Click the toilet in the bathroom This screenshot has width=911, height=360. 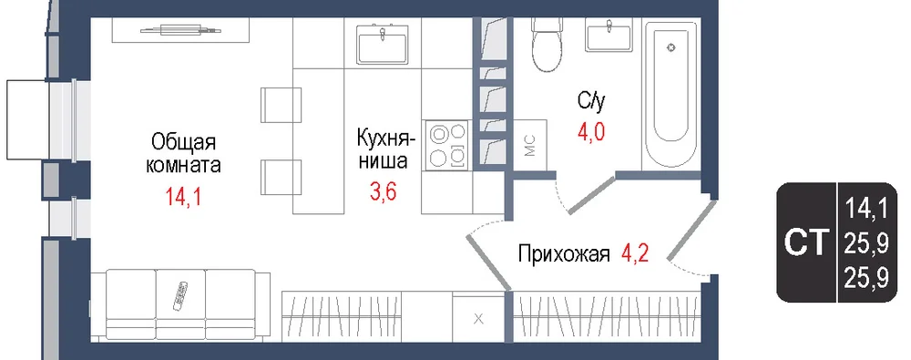click(548, 43)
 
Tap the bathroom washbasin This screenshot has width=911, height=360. click(609, 34)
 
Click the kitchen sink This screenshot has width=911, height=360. click(382, 41)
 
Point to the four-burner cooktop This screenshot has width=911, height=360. click(447, 146)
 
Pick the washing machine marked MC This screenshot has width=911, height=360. click(529, 147)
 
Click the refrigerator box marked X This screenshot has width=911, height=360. click(478, 317)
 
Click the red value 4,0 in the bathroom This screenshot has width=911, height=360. click(591, 132)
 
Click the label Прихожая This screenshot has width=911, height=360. click(564, 254)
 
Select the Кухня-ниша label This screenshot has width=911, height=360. click(385, 150)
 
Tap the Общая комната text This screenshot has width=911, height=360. click(183, 153)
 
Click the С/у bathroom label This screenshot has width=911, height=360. click(592, 102)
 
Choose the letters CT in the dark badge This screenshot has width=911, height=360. click(806, 243)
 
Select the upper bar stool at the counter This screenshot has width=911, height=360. click(281, 105)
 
